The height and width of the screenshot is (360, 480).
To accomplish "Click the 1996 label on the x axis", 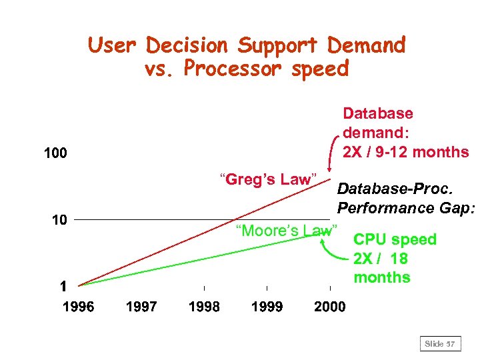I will coord(79,307).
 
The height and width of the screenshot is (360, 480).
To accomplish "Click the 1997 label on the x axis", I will coord(141,307).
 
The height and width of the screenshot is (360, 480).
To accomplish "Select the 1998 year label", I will coord(205,307).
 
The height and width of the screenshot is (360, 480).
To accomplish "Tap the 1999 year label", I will coord(267,307).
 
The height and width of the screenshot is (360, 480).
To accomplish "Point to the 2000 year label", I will coord(329,307).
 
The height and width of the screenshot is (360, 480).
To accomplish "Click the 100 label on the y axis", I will coord(55,153).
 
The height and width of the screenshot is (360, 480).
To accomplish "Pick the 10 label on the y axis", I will coord(59,220).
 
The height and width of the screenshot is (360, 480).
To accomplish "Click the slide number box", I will coord(441,343).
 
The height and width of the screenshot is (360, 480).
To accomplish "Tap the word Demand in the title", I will coord(366,45).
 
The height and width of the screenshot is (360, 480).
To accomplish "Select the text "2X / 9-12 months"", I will coord(405,152).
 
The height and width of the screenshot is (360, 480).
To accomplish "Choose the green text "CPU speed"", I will coord(395,239).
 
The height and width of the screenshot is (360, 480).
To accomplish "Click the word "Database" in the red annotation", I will coord(377,113).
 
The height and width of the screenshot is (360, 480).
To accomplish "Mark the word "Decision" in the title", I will coord(186,45).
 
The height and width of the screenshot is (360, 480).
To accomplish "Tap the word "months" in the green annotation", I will coord(382,277).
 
